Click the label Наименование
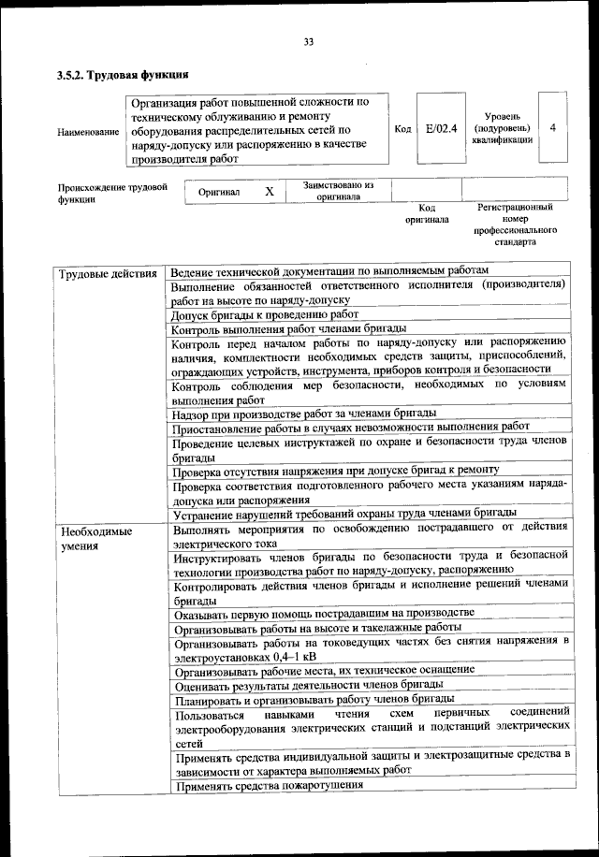coord(88,133)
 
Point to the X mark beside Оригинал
coord(269,192)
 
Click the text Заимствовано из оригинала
coord(338,191)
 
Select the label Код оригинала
coord(427,213)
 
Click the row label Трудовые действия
coord(107,274)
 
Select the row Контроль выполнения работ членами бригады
coord(288,328)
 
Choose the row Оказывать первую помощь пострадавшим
coord(323,613)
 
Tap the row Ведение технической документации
coord(329,269)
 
